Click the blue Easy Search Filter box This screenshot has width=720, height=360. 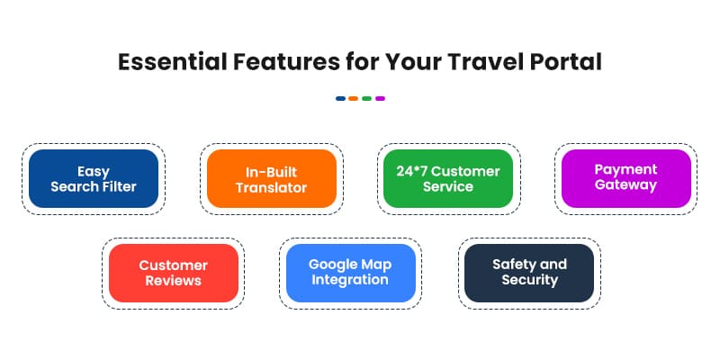(x=94, y=178)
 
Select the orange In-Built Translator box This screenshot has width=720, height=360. (x=271, y=178)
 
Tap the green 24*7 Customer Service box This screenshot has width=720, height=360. (x=447, y=178)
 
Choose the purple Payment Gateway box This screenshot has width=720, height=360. (x=625, y=178)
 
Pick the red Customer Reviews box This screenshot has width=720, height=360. (x=174, y=273)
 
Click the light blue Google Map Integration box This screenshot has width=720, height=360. (x=351, y=273)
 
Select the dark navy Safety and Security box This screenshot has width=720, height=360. (x=529, y=273)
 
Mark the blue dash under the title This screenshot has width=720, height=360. (x=340, y=98)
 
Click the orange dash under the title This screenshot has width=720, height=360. (x=354, y=98)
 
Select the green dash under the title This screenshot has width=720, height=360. (x=367, y=98)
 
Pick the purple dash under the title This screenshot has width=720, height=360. (x=381, y=98)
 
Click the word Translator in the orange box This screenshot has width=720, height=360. (x=271, y=187)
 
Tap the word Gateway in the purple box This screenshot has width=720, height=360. (x=625, y=185)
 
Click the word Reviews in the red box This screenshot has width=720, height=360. (x=174, y=281)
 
